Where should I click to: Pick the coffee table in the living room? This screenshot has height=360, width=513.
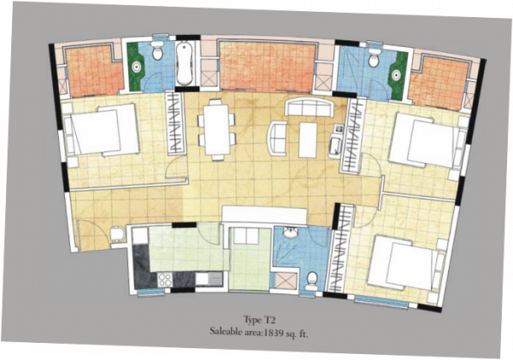click(x=307, y=139)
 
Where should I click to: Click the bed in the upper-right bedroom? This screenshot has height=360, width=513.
click(x=422, y=140)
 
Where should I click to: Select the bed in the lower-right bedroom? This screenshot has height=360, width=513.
click(x=400, y=262)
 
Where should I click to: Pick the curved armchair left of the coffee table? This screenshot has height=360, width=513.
click(x=278, y=138)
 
